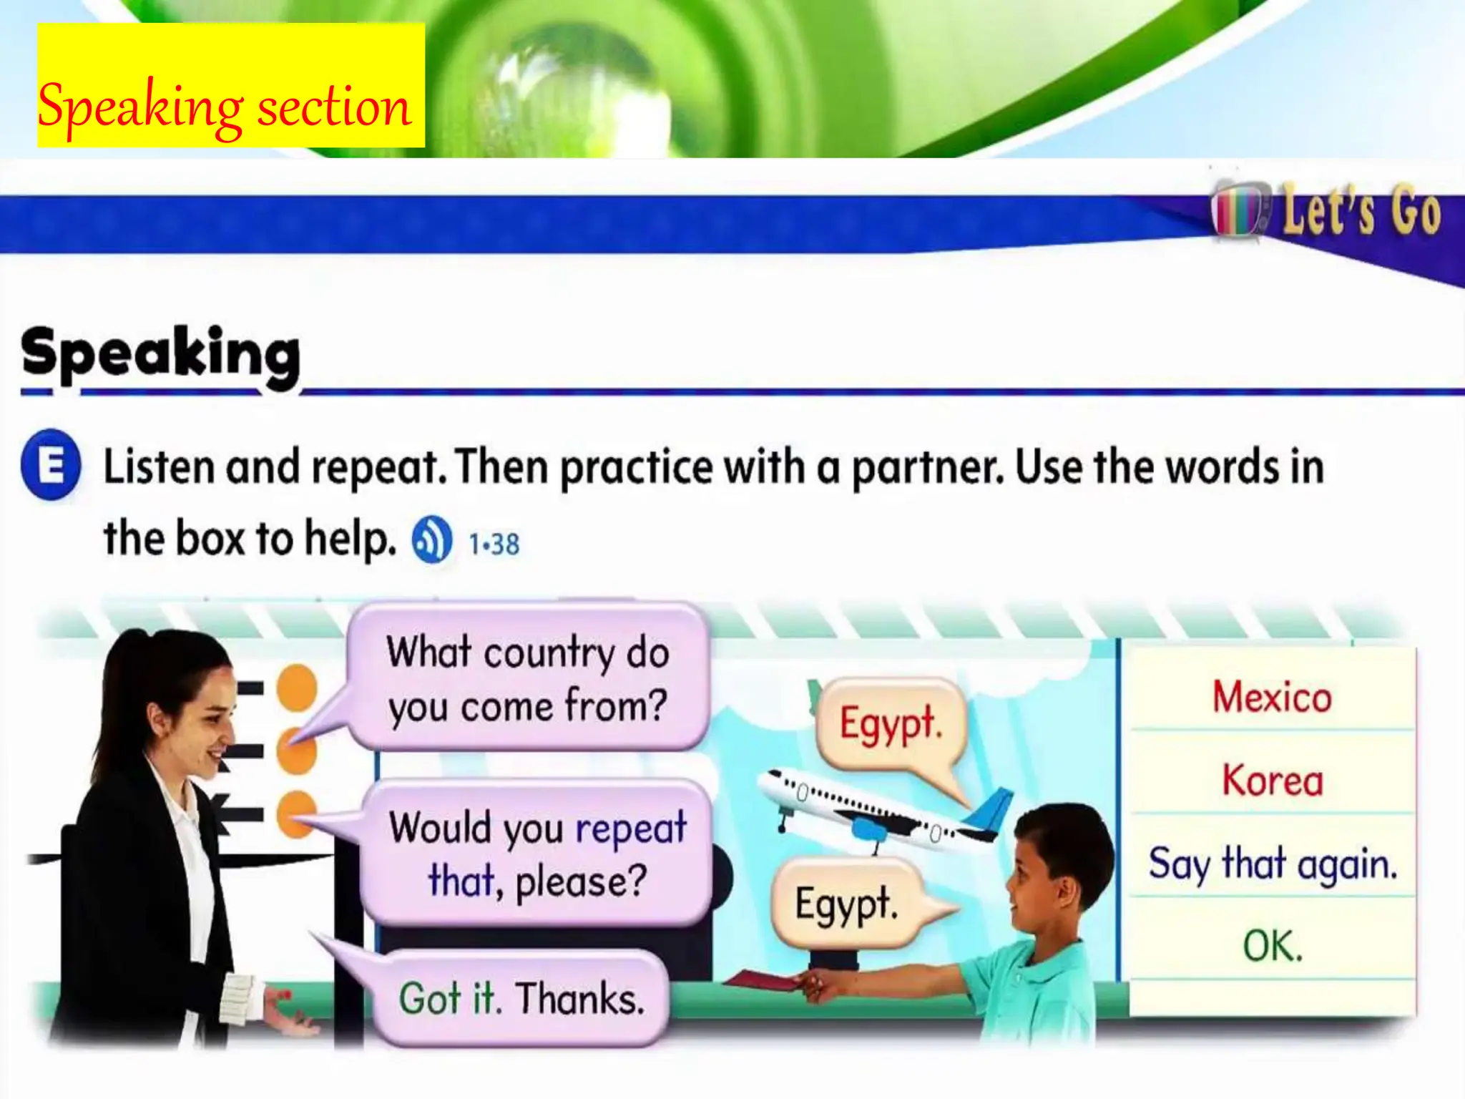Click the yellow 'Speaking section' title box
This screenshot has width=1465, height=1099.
pyautogui.click(x=230, y=86)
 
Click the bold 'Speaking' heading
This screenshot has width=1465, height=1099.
pyautogui.click(x=161, y=354)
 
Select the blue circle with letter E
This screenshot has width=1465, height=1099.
pyautogui.click(x=51, y=465)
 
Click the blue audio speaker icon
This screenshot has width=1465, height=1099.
pyautogui.click(x=431, y=539)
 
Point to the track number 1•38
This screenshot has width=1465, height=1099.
pyautogui.click(x=494, y=544)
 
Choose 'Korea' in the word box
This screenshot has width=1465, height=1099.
pyautogui.click(x=1272, y=780)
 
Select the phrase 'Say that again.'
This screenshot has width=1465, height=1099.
pyautogui.click(x=1272, y=863)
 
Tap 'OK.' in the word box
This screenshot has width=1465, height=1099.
pyautogui.click(x=1272, y=946)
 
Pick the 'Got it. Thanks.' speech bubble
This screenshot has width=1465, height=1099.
pyautogui.click(x=521, y=998)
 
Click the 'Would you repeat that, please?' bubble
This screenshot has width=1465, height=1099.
pyautogui.click(x=536, y=854)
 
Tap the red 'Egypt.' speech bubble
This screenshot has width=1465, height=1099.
pyautogui.click(x=891, y=723)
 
